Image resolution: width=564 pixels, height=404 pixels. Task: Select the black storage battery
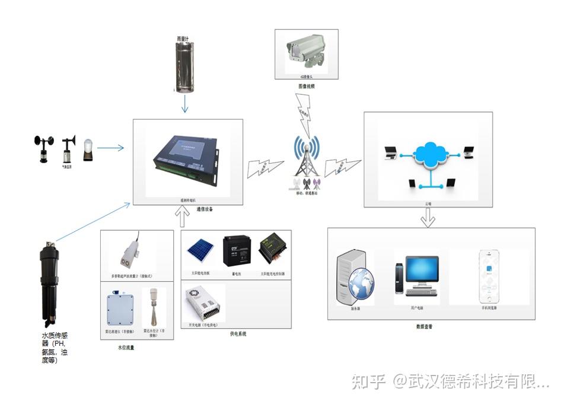pos(235,252)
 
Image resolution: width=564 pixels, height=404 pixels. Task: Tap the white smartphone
pos(489,275)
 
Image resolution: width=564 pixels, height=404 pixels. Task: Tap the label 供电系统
pos(238,334)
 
